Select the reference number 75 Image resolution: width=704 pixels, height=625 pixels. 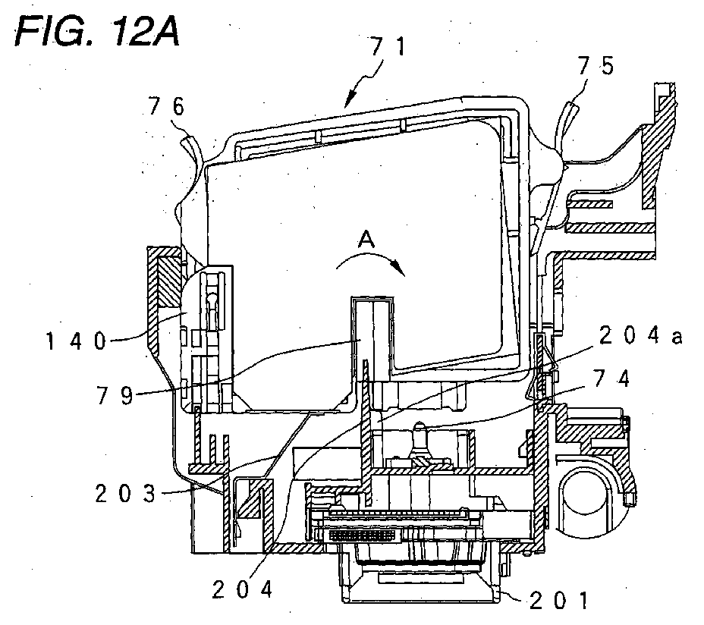596,66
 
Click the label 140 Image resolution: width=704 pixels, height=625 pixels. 77,341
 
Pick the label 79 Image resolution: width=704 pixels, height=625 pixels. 115,395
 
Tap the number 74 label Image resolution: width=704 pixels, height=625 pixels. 611,378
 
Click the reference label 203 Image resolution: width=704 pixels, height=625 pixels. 125,494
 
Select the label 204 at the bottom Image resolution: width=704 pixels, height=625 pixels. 243,589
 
